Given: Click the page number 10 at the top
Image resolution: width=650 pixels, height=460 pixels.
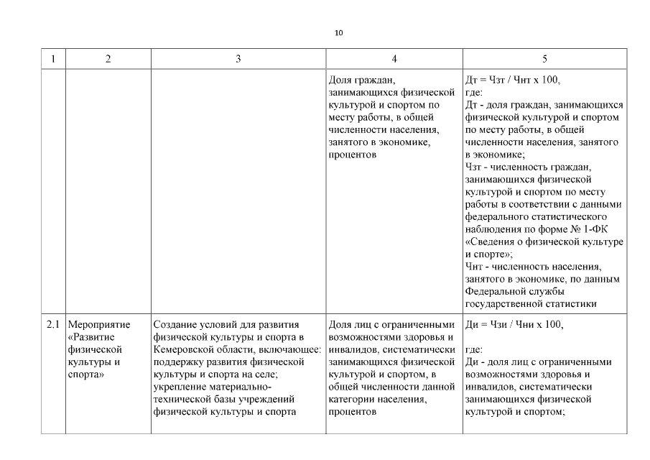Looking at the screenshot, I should (339, 33).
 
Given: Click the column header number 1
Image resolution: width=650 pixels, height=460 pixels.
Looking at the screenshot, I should (53, 59).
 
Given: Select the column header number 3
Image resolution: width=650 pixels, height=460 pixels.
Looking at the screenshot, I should (238, 59).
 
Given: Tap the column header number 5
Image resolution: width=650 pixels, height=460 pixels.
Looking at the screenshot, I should (545, 59).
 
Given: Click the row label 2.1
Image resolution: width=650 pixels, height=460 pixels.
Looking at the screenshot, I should (53, 324).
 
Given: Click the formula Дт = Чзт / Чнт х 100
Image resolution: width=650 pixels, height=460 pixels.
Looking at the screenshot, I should (513, 80).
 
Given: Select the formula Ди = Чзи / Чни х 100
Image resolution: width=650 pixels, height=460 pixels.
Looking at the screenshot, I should (514, 324).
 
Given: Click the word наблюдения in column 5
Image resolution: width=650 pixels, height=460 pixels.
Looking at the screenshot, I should (493, 229).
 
